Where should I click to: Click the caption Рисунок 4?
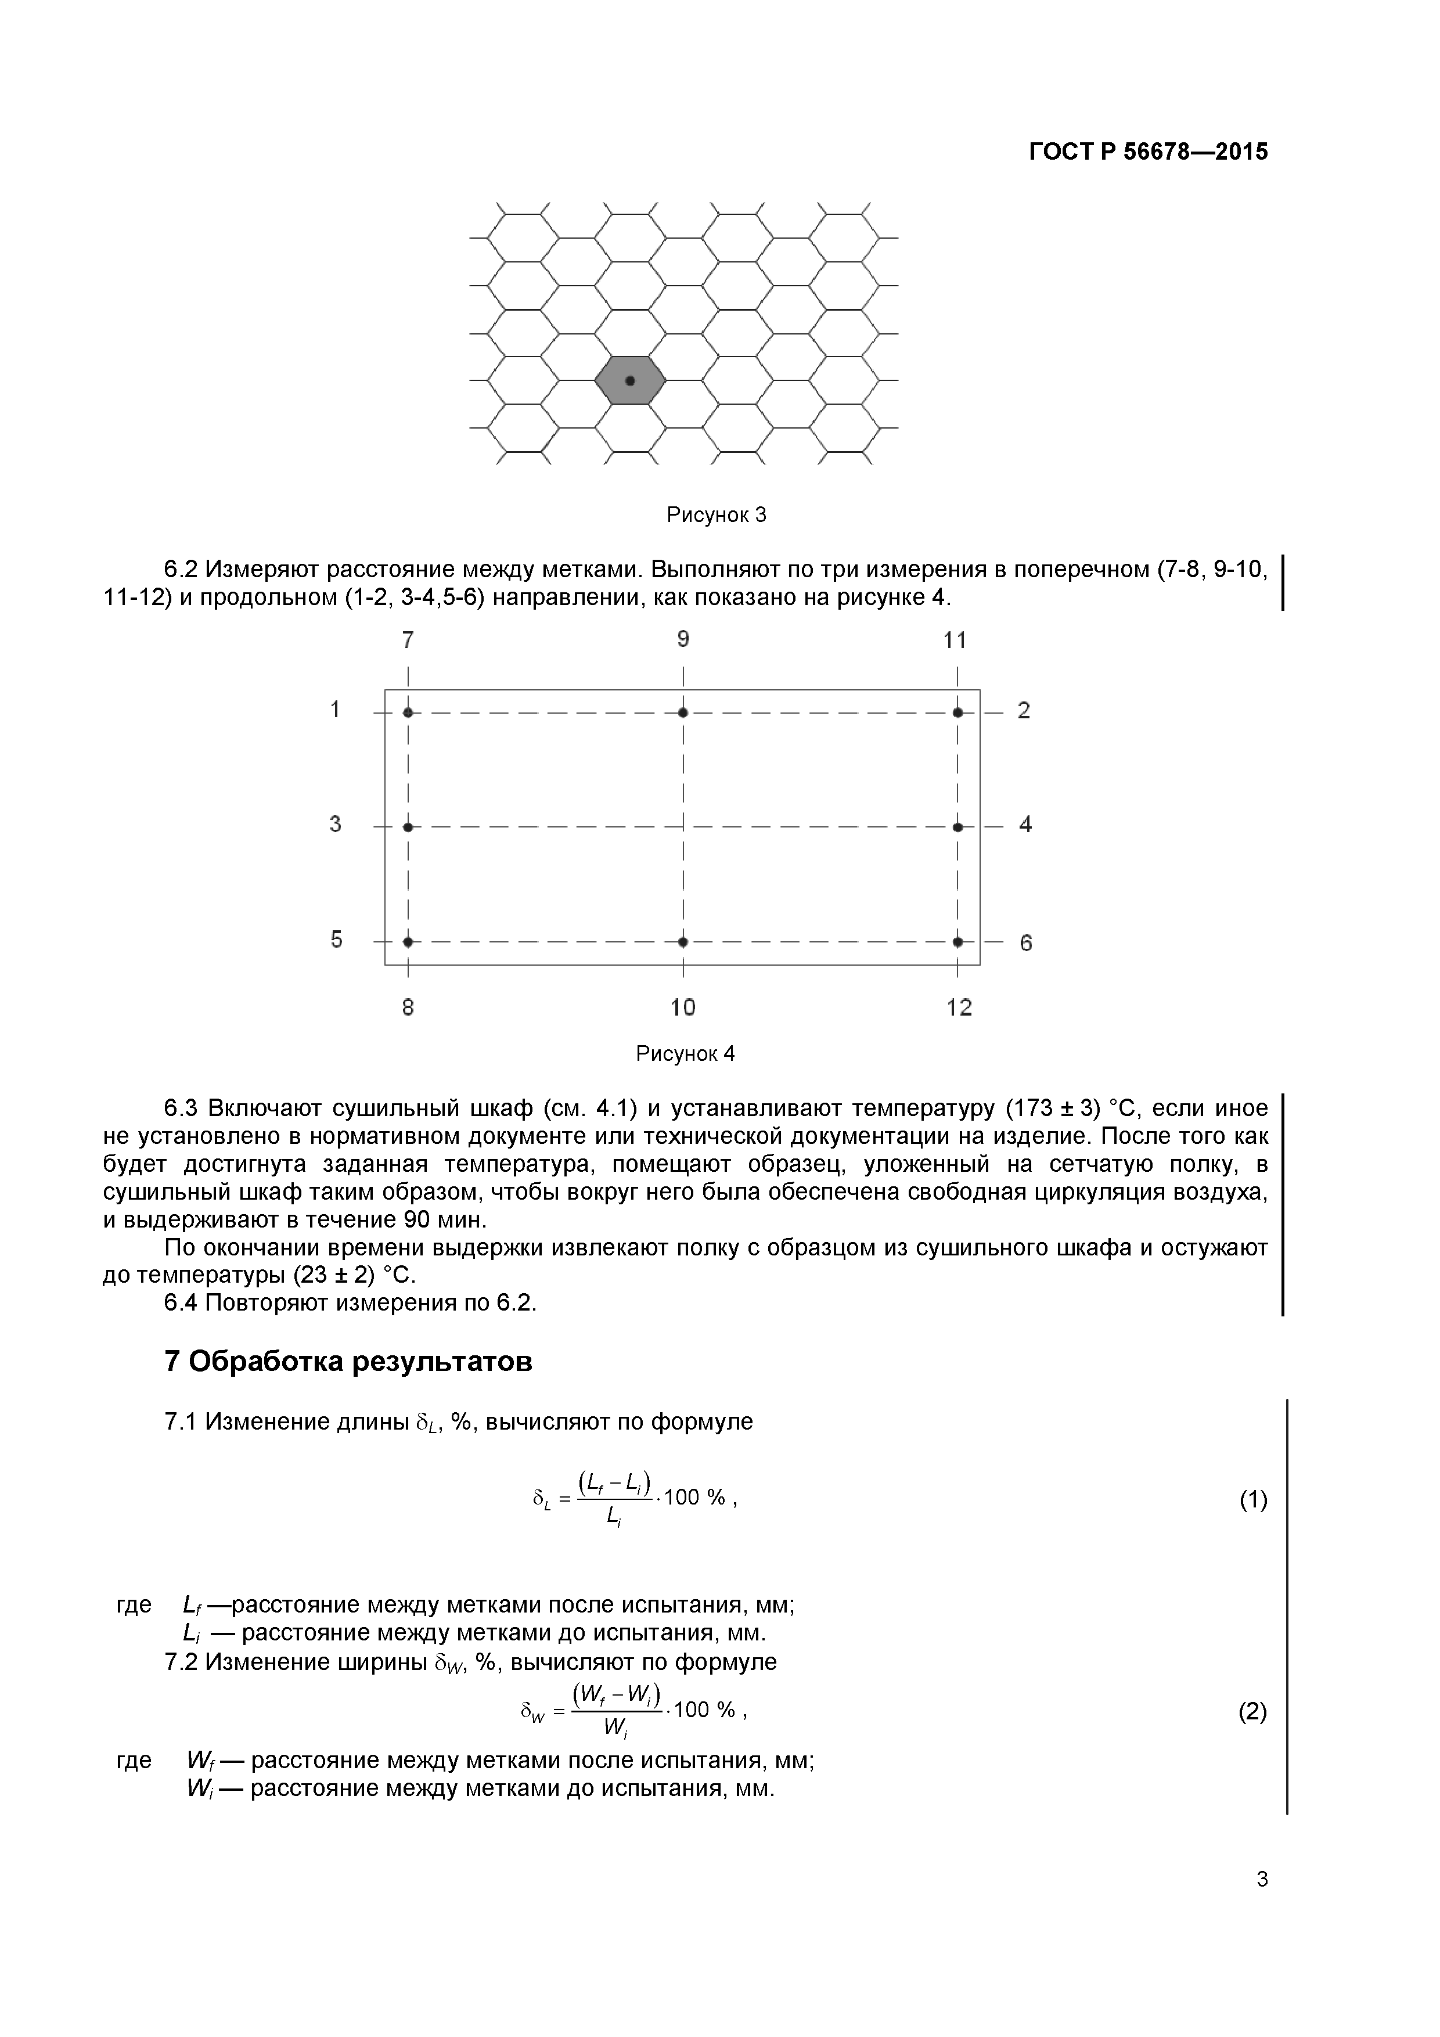(x=685, y=1054)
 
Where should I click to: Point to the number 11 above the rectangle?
(x=955, y=640)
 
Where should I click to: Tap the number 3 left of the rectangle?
(x=336, y=824)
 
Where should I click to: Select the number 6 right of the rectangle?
(x=1025, y=943)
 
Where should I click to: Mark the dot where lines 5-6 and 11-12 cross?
(x=957, y=941)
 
